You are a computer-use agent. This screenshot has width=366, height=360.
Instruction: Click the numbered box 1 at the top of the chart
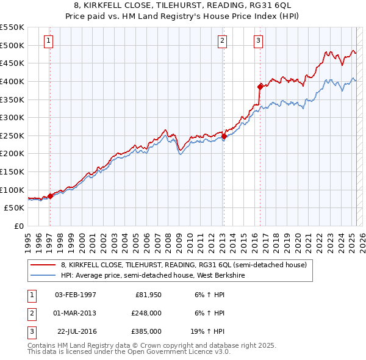[48, 41]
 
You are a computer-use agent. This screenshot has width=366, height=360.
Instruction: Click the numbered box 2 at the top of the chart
[222, 41]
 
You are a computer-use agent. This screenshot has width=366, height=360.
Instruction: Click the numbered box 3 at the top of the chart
[259, 41]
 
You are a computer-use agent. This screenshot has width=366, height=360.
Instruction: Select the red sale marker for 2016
[260, 86]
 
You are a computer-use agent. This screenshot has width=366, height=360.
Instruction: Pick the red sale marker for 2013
[223, 136]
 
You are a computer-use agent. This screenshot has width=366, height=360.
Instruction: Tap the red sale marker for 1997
[50, 196]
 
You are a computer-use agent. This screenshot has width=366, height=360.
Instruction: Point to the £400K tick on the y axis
[13, 81]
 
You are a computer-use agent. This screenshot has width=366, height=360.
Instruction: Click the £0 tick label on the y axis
[18, 226]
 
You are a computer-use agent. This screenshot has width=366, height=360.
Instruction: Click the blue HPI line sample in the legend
[44, 275]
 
